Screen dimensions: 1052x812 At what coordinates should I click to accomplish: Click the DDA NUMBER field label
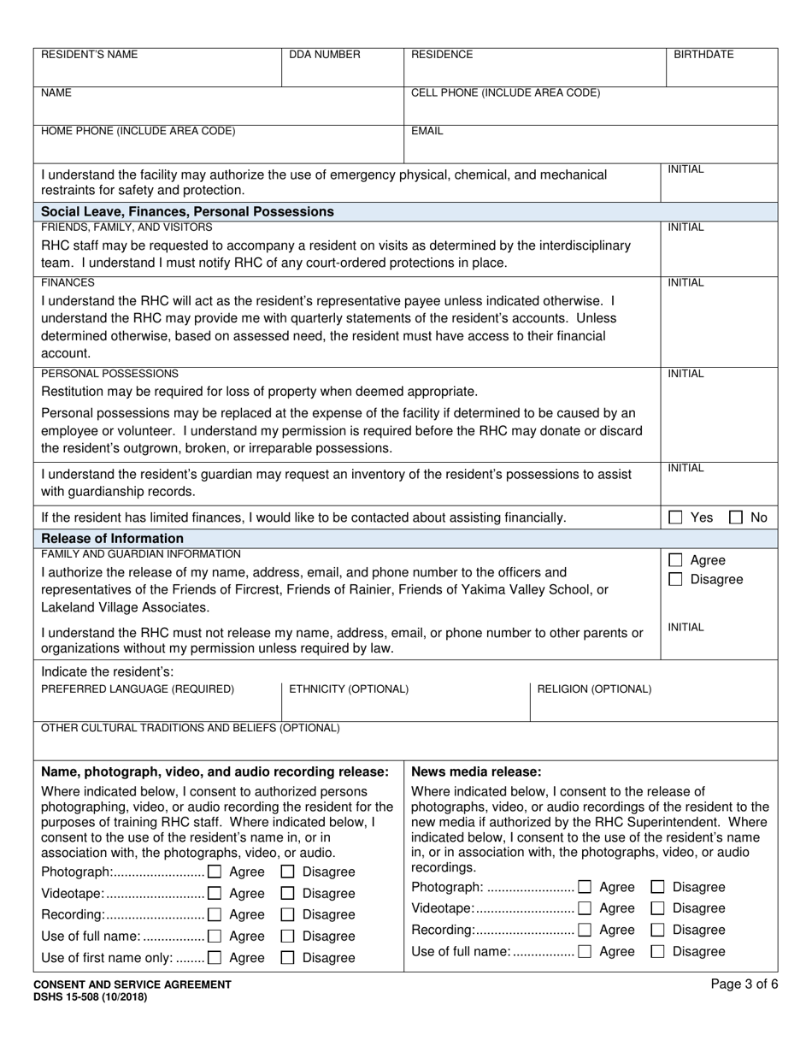pos(325,55)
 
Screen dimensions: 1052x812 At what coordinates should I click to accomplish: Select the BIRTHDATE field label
pos(703,55)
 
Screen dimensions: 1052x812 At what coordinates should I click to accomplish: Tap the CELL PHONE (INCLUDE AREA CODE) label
pos(506,93)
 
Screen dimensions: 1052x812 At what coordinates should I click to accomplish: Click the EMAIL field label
pos(427,132)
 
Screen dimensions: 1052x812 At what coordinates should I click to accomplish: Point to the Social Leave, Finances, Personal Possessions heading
pos(187,211)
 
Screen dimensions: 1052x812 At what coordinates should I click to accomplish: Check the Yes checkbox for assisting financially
pos(675,517)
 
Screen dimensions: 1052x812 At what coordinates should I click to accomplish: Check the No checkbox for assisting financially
pos(735,517)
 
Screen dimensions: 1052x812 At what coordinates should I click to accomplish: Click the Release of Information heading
pos(112,538)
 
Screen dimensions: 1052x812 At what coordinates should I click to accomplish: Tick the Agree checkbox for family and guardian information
pos(675,560)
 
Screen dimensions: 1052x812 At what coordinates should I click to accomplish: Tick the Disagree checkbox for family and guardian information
pos(675,580)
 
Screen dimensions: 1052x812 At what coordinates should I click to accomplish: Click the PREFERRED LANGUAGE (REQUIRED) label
pos(138,689)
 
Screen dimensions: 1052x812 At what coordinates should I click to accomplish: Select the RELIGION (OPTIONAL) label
pos(593,689)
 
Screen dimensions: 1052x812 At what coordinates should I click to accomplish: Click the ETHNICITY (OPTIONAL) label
pos(349,689)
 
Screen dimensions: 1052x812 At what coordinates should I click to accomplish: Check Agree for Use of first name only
pos(215,958)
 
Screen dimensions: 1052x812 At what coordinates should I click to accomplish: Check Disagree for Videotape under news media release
pos(658,908)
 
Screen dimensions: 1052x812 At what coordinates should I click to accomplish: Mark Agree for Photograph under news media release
pos(585,887)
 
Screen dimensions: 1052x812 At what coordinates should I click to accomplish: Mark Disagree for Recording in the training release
pos(288,915)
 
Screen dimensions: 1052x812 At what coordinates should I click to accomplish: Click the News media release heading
pos(476,771)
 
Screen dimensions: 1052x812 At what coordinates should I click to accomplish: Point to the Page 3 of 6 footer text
pos(744,984)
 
